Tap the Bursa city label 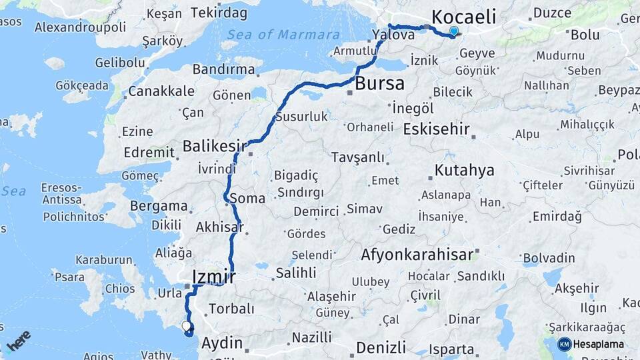pyautogui.click(x=379, y=84)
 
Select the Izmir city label pyautogui.click(x=213, y=276)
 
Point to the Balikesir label pyautogui.click(x=209, y=145)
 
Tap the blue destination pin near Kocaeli pyautogui.click(x=454, y=31)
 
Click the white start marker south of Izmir pyautogui.click(x=186, y=325)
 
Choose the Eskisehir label pyautogui.click(x=436, y=129)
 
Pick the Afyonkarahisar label pyautogui.click(x=417, y=254)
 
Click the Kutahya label pyautogui.click(x=464, y=171)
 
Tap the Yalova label pyautogui.click(x=393, y=35)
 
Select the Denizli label pyautogui.click(x=381, y=347)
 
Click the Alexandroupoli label pyautogui.click(x=80, y=27)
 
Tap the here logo pyautogui.click(x=18, y=340)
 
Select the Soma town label pyautogui.click(x=247, y=198)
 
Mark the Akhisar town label pyautogui.click(x=218, y=227)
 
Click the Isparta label pyautogui.click(x=451, y=349)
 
